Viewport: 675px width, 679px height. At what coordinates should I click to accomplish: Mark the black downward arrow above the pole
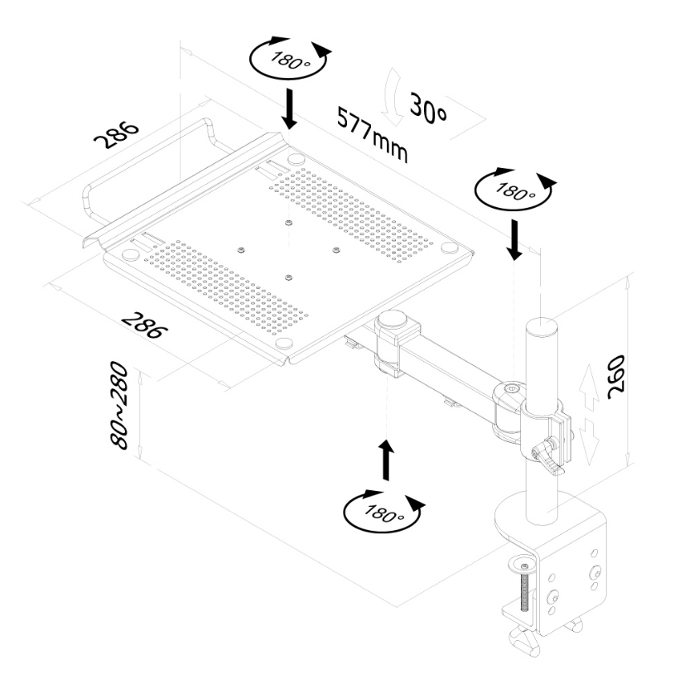(515, 238)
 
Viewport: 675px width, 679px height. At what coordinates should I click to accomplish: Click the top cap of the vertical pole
(542, 322)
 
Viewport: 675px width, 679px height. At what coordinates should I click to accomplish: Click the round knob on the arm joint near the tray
(392, 320)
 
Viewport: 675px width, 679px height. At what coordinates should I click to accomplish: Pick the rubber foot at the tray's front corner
(283, 341)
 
